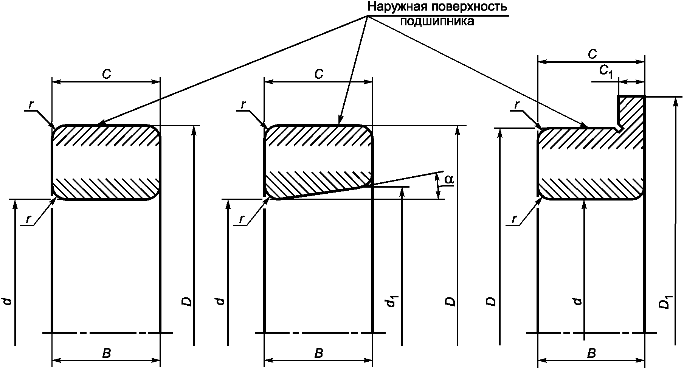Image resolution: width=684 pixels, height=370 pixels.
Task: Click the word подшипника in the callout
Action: pos(437,21)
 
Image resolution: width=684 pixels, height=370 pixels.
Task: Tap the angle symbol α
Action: pos(449,180)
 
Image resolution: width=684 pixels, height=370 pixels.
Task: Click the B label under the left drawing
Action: pos(106,353)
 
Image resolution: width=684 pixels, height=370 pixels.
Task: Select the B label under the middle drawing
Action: pos(319,353)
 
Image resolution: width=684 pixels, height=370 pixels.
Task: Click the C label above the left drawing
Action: pos(106,75)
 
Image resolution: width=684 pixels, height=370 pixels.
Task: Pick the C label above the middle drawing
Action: pos(319,75)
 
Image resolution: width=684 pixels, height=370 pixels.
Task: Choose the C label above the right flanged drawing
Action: pos(592,54)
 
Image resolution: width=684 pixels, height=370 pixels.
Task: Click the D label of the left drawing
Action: pos(188,302)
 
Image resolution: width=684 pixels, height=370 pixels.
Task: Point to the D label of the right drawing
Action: pos(490,302)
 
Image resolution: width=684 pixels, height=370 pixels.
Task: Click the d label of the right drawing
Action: pos(577,302)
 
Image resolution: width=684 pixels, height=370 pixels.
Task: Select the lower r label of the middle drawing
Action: pos(241,219)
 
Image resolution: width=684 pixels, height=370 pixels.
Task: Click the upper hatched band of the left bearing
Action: pos(106,135)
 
